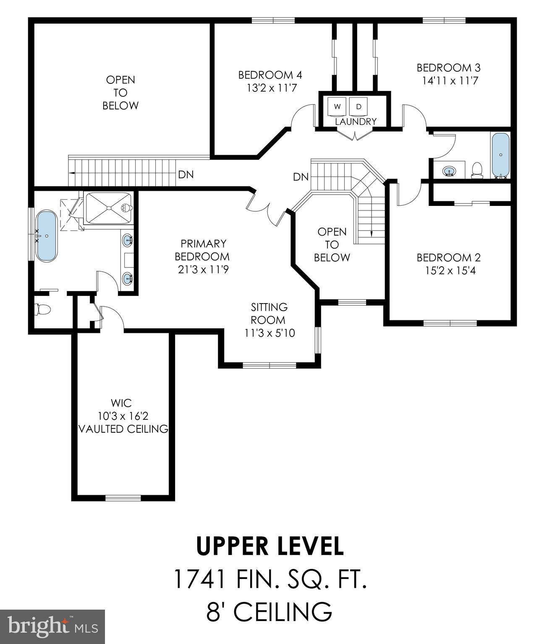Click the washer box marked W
[337, 106]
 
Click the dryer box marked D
[358, 106]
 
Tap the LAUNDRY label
[356, 122]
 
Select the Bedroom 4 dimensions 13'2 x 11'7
[270, 88]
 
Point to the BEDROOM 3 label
[448, 68]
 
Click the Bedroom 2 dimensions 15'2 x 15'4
[450, 270]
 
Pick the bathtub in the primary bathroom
[47, 236]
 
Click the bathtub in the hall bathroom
[500, 155]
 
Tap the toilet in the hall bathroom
[476, 170]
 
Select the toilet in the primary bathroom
[42, 309]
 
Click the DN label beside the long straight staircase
[186, 174]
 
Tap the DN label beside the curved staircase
[301, 177]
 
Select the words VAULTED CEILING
[123, 429]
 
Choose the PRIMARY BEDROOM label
[203, 250]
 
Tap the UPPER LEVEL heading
[270, 545]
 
